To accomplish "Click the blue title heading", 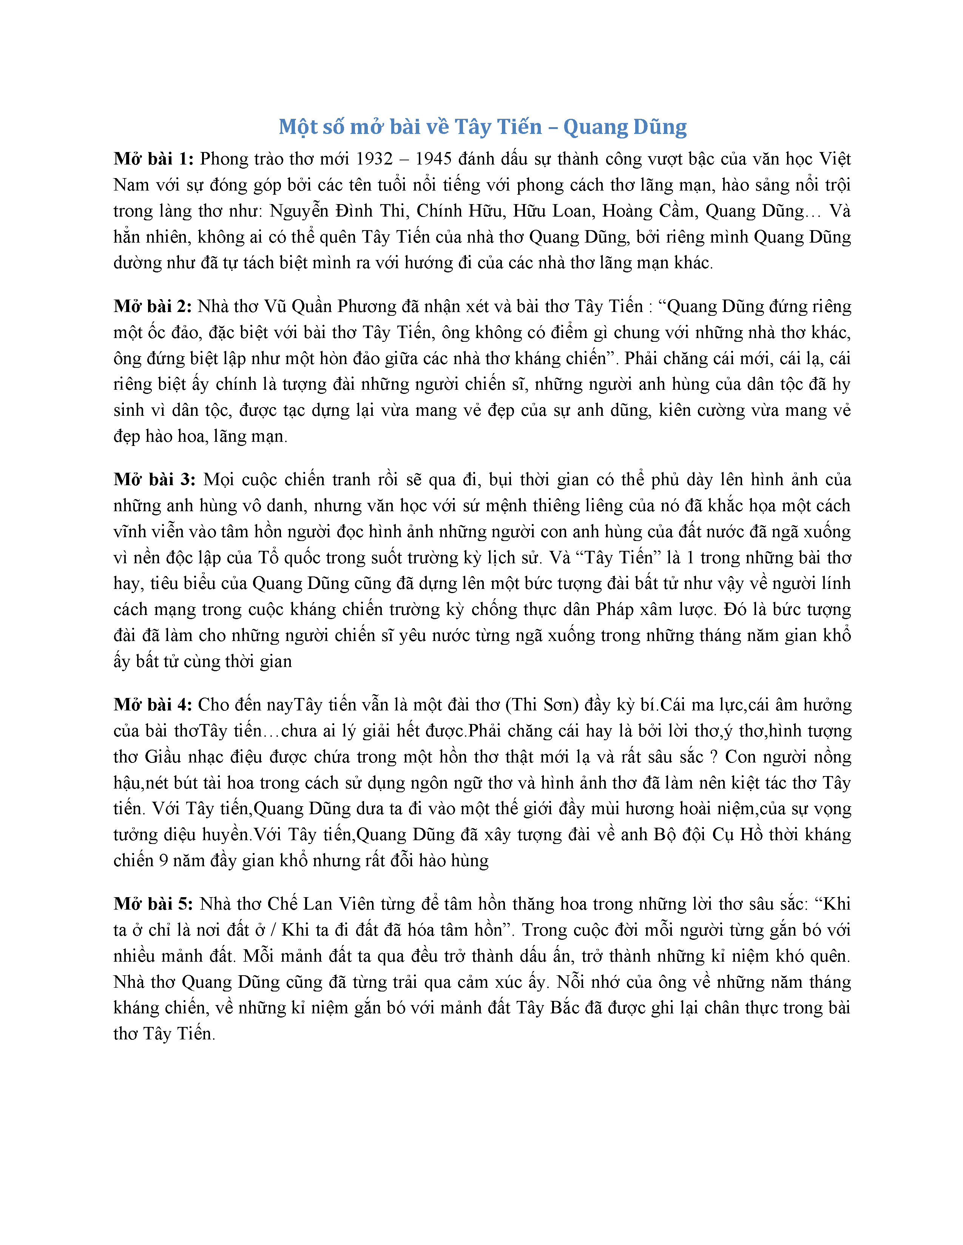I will coord(482,127).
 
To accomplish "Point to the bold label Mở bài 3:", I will coord(154,480).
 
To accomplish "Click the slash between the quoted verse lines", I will coord(273,930).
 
